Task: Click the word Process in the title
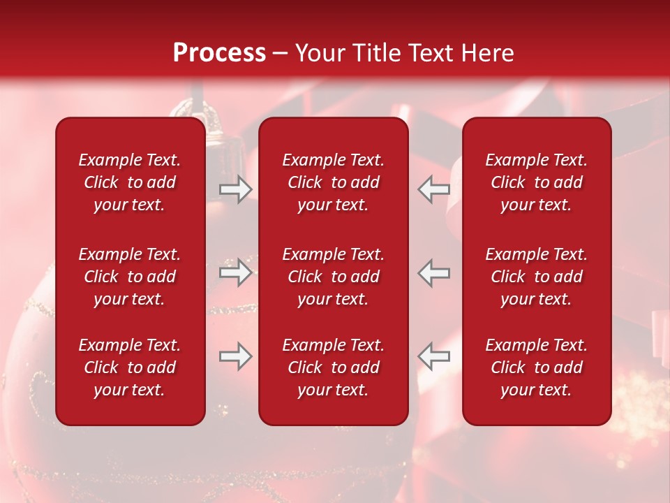click(219, 53)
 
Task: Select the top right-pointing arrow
click(235, 189)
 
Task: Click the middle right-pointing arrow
click(235, 272)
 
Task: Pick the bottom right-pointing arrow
click(235, 356)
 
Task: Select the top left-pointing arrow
click(434, 189)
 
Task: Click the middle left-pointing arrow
click(434, 272)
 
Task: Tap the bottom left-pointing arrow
click(434, 356)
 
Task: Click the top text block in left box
click(130, 182)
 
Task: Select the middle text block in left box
click(130, 277)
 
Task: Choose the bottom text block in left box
click(130, 367)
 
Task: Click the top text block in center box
click(334, 182)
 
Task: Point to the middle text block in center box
click(334, 277)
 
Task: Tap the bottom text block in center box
click(334, 367)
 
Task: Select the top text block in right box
click(537, 182)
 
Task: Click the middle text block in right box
click(537, 277)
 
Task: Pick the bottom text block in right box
click(537, 367)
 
